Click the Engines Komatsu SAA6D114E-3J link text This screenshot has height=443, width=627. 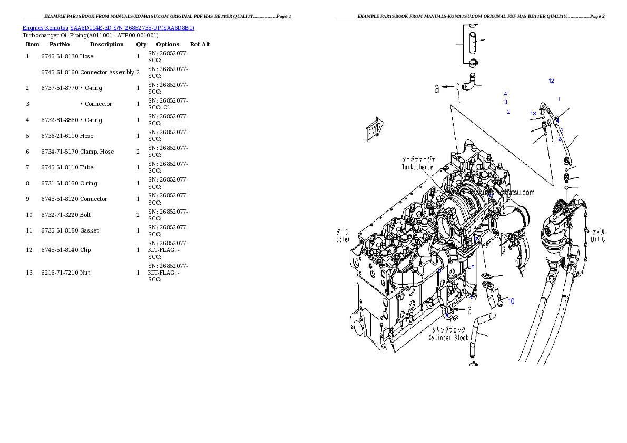click(x=108, y=28)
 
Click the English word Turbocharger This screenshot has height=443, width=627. click(x=418, y=167)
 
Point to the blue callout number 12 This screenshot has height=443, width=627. click(x=551, y=81)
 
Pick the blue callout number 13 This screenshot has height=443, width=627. click(x=533, y=114)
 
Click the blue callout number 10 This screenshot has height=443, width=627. click(x=511, y=301)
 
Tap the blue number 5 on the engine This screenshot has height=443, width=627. click(x=473, y=267)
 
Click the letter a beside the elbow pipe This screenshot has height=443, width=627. click(x=436, y=88)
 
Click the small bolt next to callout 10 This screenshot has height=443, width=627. click(x=501, y=302)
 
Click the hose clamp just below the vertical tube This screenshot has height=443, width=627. click(x=472, y=63)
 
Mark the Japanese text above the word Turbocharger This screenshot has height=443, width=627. click(x=418, y=158)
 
